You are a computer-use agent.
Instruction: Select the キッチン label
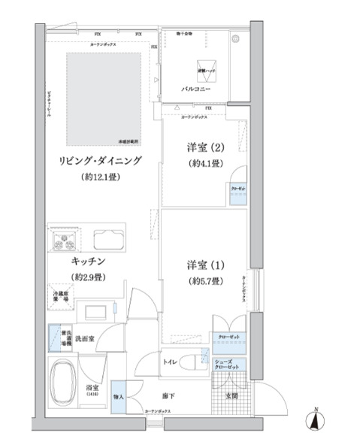click(x=88, y=261)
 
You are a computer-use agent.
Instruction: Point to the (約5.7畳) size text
click(x=204, y=281)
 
